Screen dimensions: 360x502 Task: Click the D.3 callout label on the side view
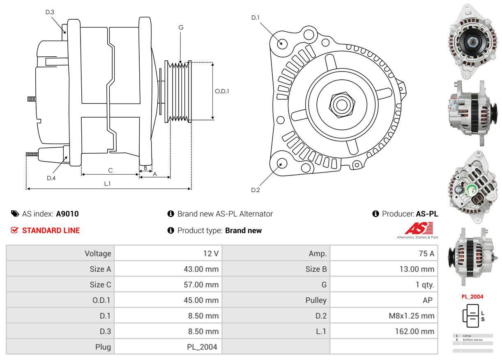click(x=50, y=12)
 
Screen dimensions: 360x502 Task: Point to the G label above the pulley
click(x=181, y=28)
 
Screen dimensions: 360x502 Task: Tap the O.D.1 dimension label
click(x=222, y=91)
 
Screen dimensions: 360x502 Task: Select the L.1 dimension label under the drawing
click(x=107, y=184)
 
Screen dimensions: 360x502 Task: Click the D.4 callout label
click(x=51, y=178)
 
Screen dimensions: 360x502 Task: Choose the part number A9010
click(x=67, y=214)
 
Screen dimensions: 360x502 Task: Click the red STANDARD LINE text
click(x=51, y=231)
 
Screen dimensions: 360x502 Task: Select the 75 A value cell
click(x=384, y=254)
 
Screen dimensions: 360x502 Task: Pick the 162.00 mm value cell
click(x=384, y=331)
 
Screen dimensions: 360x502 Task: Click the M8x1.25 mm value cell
click(x=384, y=316)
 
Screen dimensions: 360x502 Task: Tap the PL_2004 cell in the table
click(x=168, y=347)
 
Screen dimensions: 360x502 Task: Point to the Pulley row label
click(x=276, y=300)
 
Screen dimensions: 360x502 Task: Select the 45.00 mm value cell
click(x=168, y=300)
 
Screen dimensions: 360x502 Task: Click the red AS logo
click(x=419, y=228)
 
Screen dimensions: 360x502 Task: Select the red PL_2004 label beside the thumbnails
click(x=472, y=296)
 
